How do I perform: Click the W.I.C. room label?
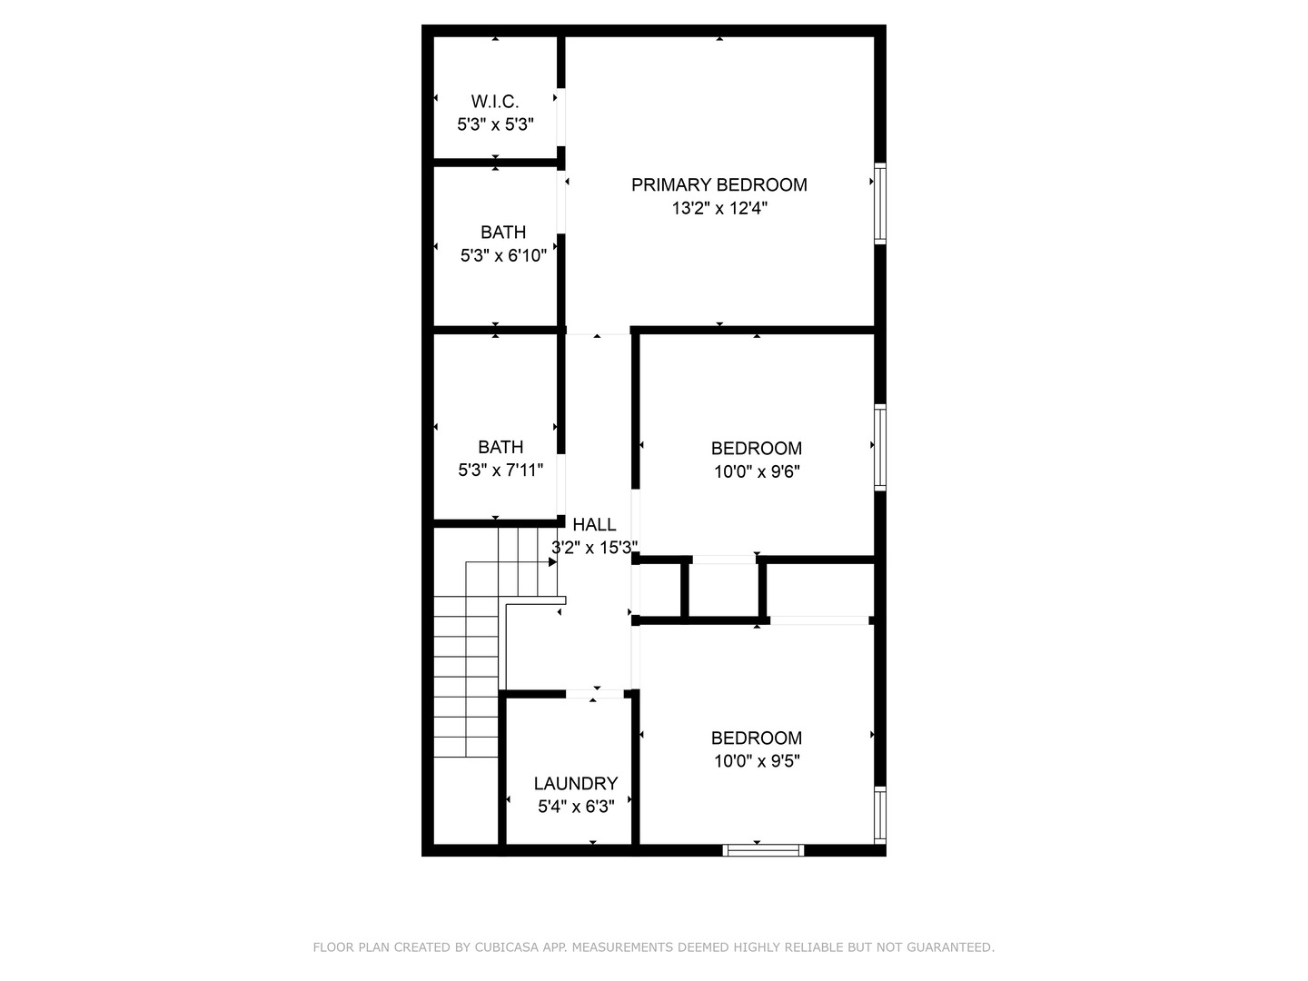tap(494, 101)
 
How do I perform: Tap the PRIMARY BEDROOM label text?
tap(718, 184)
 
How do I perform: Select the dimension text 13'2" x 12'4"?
tap(719, 208)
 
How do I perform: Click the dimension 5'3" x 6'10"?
tap(503, 255)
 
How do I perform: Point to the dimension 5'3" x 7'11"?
tap(500, 470)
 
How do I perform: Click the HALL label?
tap(594, 524)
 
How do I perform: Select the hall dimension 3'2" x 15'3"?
tap(594, 548)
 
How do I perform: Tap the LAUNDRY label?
tap(575, 783)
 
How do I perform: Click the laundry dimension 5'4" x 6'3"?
tap(575, 807)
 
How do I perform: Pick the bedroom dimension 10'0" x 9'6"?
tap(756, 471)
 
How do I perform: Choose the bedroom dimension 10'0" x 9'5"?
tap(756, 761)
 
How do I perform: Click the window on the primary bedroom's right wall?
tap(879, 203)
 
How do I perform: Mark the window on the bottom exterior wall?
tap(763, 850)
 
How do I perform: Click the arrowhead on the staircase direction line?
tap(552, 562)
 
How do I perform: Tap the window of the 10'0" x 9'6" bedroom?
tap(879, 447)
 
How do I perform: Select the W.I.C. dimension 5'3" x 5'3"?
tap(494, 124)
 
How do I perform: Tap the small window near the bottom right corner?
tap(879, 814)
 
